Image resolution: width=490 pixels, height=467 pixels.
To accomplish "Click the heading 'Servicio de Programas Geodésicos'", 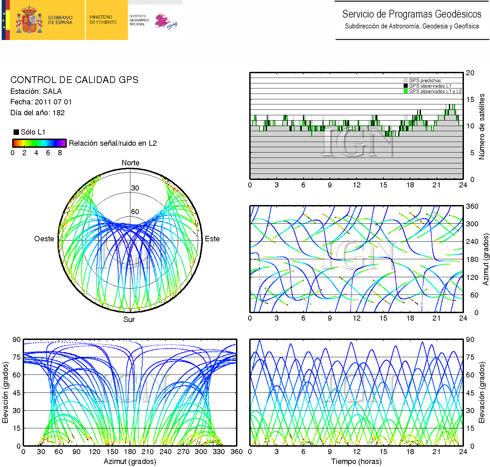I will click(x=411, y=14).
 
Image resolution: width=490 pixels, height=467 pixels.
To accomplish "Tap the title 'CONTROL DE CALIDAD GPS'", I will click(x=74, y=80).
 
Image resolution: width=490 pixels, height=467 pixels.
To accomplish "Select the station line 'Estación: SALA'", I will click(x=36, y=92).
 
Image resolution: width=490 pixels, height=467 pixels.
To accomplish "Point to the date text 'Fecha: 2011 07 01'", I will click(x=41, y=102).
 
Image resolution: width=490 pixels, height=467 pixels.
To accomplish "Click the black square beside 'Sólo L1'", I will click(x=16, y=132).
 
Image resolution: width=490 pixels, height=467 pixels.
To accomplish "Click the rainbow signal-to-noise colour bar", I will click(x=39, y=143).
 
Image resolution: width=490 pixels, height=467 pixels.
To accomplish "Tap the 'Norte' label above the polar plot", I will click(x=130, y=163).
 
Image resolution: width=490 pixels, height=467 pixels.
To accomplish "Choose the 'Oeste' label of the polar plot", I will click(x=44, y=239).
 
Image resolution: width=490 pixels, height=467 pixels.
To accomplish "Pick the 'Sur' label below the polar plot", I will click(x=129, y=320).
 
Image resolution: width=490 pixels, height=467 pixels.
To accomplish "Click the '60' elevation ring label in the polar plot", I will click(x=135, y=212).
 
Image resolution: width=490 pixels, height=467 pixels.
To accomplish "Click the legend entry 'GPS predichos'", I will click(x=425, y=80).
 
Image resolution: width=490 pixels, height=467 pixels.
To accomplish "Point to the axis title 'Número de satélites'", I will click(x=482, y=126).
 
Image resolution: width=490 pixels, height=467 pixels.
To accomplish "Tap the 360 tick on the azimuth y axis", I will click(x=472, y=206).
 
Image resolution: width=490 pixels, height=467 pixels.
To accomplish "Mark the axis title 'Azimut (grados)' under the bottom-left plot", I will click(x=130, y=461).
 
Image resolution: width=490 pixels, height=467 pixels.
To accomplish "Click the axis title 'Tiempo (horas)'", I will click(x=356, y=461).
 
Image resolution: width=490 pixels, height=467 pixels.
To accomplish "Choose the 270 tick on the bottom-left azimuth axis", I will click(x=183, y=452).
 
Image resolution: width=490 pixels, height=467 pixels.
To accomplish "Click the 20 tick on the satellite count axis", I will click(x=470, y=73).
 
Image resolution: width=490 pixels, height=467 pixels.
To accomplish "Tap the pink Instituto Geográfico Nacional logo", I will click(x=166, y=22).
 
